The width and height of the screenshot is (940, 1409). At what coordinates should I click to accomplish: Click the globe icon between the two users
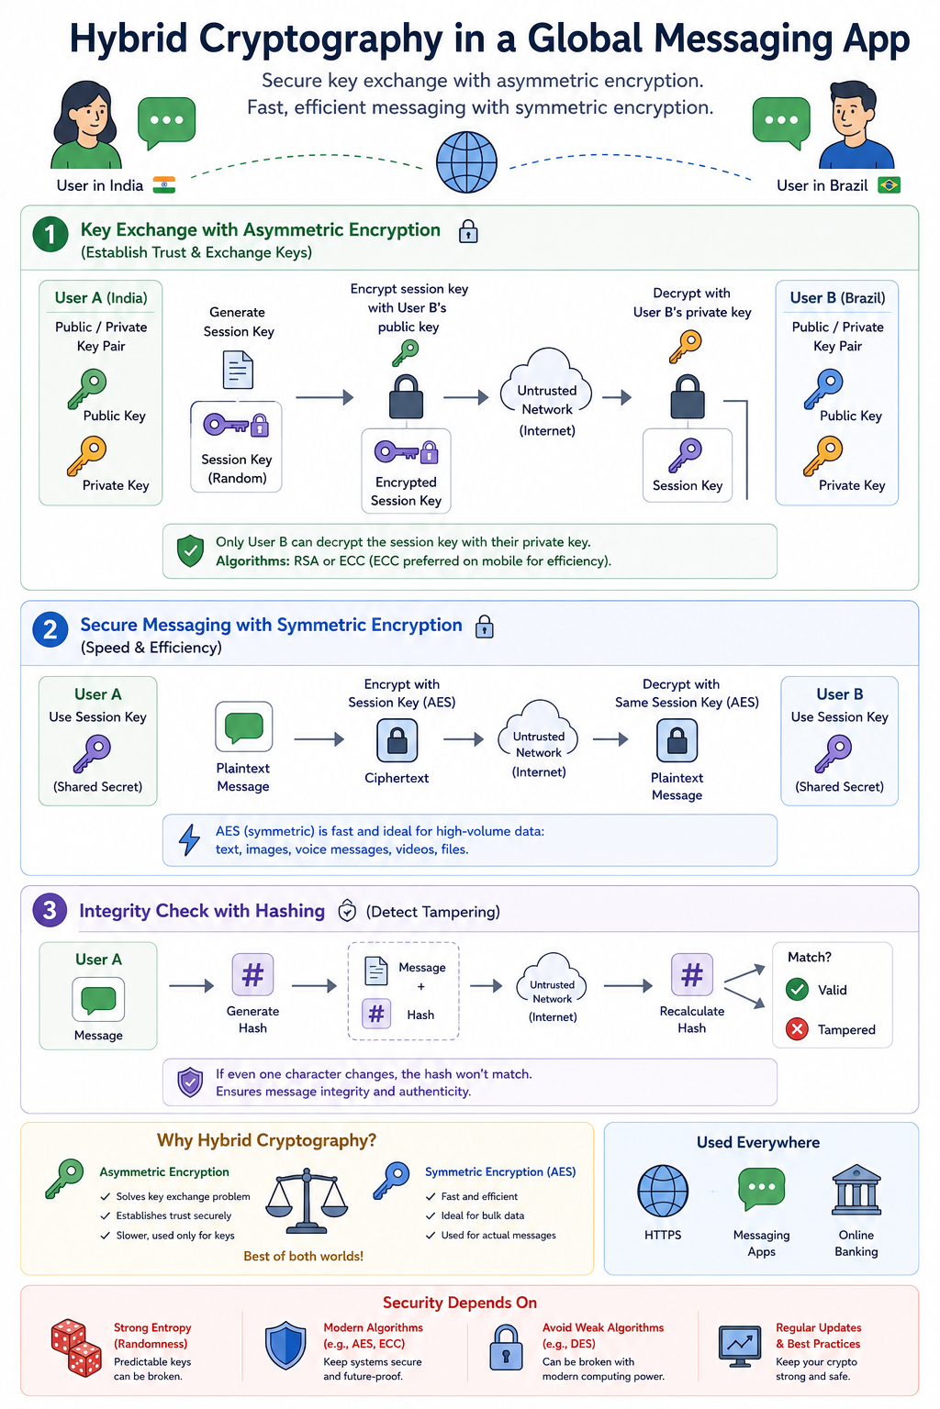(466, 161)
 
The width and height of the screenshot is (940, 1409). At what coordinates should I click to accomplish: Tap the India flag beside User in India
(164, 185)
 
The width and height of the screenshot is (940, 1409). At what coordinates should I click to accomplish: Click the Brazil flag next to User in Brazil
(889, 185)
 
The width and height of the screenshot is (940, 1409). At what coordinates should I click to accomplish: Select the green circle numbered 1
(50, 235)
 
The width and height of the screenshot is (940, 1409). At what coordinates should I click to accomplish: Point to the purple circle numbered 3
(50, 910)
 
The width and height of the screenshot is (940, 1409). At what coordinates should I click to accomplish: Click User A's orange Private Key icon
(87, 455)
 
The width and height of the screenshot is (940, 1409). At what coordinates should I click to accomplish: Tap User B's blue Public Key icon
(822, 389)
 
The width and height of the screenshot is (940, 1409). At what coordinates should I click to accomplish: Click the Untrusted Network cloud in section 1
(546, 393)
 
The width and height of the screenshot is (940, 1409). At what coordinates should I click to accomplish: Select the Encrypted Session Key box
(406, 472)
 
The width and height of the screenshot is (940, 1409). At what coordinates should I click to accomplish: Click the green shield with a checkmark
(190, 551)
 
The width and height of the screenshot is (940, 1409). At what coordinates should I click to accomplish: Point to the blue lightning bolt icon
(189, 839)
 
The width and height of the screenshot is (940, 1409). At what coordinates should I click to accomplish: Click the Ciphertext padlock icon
(397, 740)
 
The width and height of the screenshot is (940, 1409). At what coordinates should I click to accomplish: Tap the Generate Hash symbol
(252, 974)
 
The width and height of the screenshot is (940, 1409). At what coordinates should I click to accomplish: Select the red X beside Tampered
(797, 1029)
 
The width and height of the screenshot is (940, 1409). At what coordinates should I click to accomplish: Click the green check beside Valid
(797, 990)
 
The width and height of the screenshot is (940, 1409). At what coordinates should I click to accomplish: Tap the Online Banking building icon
(856, 1190)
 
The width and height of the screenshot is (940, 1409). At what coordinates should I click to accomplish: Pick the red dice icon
(76, 1348)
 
